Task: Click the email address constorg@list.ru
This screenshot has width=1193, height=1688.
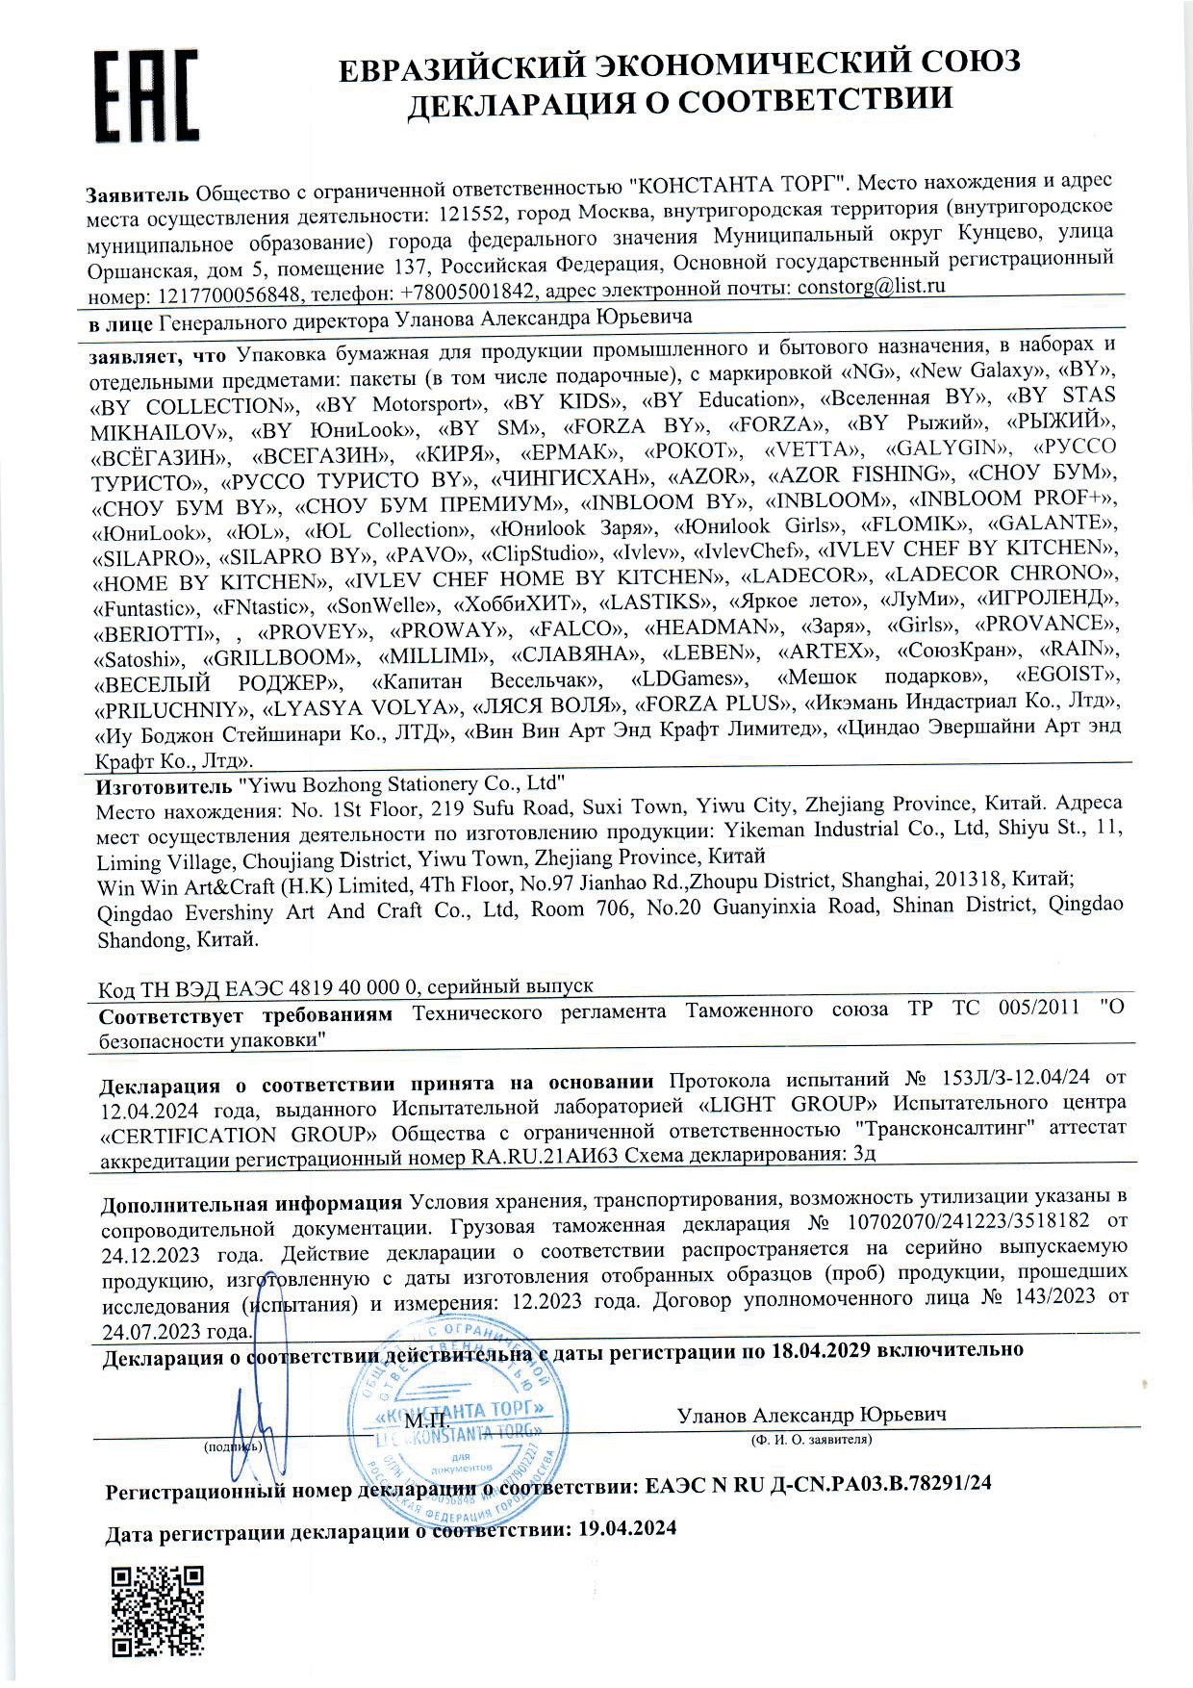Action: [872, 286]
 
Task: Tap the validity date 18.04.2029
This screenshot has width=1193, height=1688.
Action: [821, 1348]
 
